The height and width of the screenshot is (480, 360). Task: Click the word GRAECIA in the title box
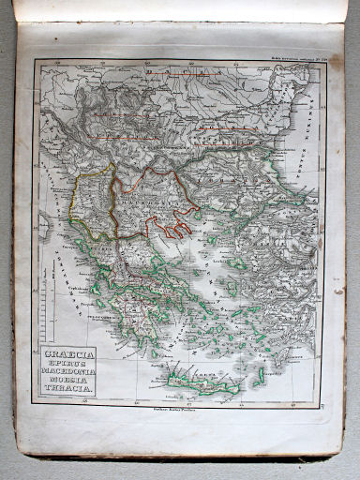coord(68,355)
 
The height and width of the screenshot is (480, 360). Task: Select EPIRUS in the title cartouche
coord(68,366)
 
